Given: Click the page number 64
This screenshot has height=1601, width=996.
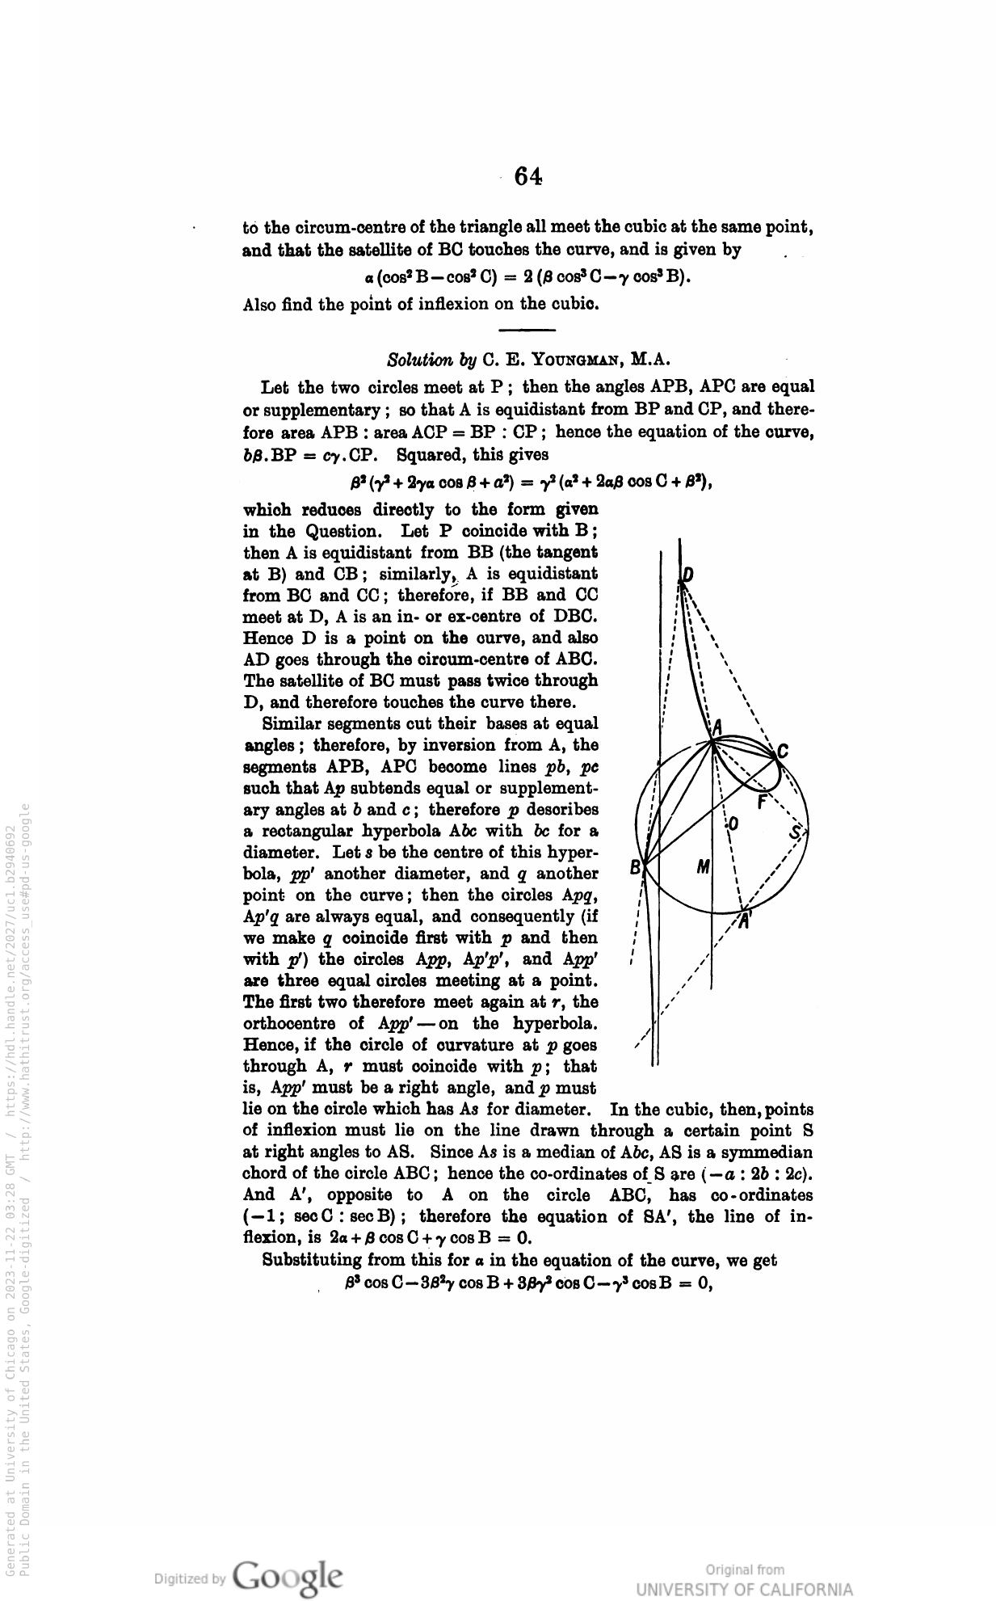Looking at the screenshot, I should pyautogui.click(x=527, y=176).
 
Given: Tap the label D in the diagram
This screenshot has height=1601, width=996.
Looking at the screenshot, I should pyautogui.click(x=687, y=575).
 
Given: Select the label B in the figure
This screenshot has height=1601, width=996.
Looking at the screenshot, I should pyautogui.click(x=636, y=868).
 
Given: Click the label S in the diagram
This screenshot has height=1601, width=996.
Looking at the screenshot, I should pyautogui.click(x=796, y=833).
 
